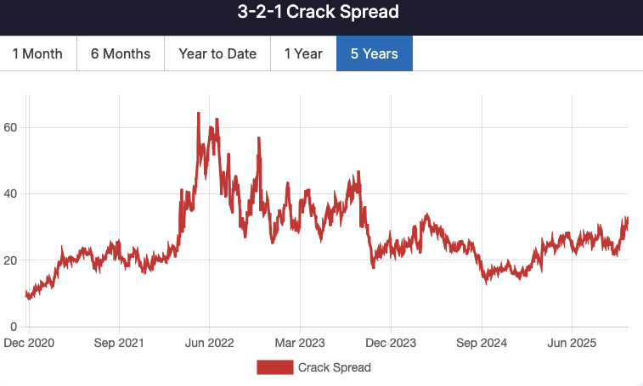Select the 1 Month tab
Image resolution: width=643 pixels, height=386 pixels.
[37, 53]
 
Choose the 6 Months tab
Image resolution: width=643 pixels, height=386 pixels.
[121, 53]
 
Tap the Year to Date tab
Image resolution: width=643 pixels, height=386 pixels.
[217, 53]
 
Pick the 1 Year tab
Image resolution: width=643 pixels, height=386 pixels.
[303, 53]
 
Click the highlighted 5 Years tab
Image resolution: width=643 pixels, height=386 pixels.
[375, 53]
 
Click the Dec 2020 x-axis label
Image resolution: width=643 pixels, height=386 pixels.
[28, 344]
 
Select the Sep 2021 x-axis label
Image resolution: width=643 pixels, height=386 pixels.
[118, 344]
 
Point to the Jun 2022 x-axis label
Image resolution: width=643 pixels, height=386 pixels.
[209, 344]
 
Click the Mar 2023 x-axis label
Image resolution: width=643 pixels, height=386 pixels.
[300, 344]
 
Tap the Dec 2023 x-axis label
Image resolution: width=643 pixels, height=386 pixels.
[391, 344]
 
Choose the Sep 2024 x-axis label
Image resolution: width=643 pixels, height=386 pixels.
[482, 344]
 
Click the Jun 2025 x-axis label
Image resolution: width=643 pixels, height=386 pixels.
[572, 344]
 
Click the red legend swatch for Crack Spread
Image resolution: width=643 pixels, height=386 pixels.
[275, 367]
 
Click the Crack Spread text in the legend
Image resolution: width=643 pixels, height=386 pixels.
[334, 367]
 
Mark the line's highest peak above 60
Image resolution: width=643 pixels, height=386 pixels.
[198, 113]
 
